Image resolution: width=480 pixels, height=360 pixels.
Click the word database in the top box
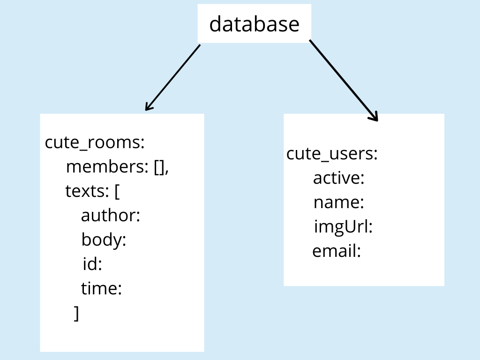tap(255, 24)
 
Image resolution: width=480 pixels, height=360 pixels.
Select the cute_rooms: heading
tap(95, 142)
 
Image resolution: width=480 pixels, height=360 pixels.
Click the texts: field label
tap(87, 191)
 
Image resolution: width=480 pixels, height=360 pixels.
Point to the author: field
tap(111, 215)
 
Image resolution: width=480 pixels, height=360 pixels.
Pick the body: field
tap(104, 240)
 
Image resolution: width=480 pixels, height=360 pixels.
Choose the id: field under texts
tap(92, 263)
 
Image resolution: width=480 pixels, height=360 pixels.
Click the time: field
tap(101, 288)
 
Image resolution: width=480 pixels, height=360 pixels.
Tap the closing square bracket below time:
tap(76, 313)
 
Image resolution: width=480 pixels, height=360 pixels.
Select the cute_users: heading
tap(332, 153)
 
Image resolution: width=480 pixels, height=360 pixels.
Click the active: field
tap(338, 178)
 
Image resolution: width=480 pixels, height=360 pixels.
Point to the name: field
tap(339, 202)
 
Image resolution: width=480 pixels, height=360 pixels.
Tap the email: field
tap(337, 251)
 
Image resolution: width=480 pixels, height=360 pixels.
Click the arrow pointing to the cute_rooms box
tap(172, 78)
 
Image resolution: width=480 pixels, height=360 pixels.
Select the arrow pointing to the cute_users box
tap(344, 80)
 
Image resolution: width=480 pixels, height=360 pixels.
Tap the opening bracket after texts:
tap(117, 192)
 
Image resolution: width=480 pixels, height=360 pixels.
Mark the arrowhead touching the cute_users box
tap(374, 117)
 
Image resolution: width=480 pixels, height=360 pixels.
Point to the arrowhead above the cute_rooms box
tap(149, 106)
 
